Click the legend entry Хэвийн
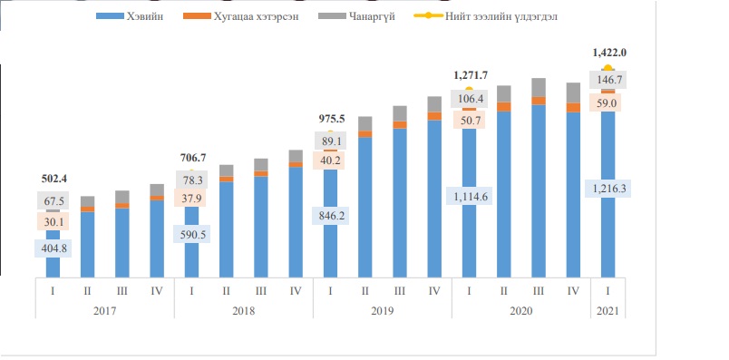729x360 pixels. pos(130,16)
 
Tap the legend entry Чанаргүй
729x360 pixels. pos(356,16)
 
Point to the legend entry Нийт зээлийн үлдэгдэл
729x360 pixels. pos(485,16)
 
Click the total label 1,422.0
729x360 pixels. pos(609,53)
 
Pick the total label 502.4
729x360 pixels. pos(53,179)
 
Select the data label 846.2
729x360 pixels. pos(331,216)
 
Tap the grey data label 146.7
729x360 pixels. pos(608,80)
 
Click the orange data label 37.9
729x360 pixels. pos(191,198)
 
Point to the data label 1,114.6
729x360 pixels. pos(469,196)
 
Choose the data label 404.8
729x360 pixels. pos(53,248)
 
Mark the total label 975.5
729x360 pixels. pos(331,119)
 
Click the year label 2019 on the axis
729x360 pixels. pos(382,310)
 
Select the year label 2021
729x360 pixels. pos(607,310)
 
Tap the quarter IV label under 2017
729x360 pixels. pos(157,291)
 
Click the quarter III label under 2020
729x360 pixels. pos(539,291)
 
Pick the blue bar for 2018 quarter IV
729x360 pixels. pos(296,222)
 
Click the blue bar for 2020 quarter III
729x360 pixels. pos(539,191)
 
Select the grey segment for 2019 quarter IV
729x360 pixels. pos(434,104)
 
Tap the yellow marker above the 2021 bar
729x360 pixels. pos(607,68)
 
